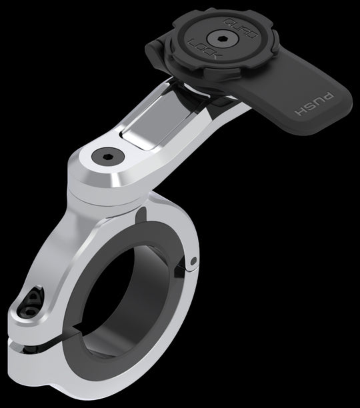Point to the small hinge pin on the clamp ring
[x=193, y=261]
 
